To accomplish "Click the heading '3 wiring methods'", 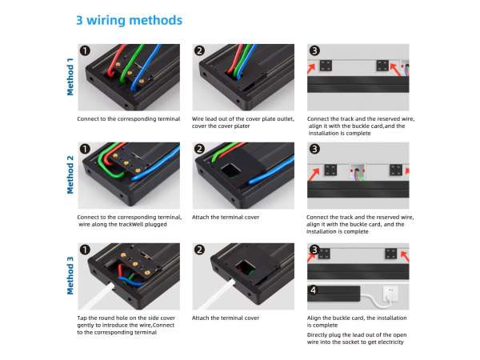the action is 129,21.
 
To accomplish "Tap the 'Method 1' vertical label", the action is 70,77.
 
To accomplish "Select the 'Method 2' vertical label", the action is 70,174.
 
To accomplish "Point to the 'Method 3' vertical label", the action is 70,275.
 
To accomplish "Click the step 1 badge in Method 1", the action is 85,50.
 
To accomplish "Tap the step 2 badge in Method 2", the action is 199,149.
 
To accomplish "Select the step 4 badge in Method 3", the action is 313,290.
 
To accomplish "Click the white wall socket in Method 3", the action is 390,294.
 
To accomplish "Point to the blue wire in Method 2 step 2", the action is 271,171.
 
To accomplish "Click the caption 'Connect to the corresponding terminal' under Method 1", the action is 129,118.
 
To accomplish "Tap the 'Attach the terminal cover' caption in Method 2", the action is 226,217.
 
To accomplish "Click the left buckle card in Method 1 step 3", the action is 326,66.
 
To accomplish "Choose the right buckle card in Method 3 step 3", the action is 390,254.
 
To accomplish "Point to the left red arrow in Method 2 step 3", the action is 314,174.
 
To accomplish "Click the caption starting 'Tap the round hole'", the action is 126,325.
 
